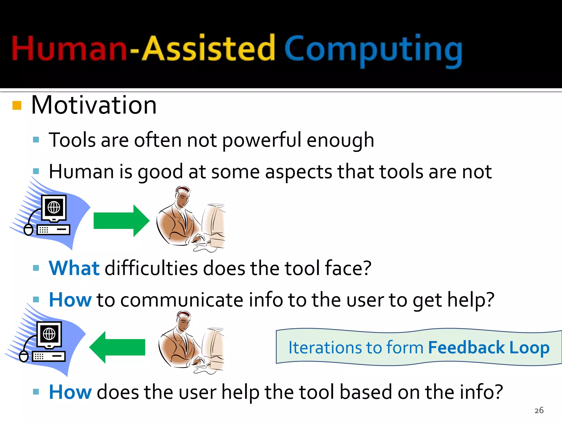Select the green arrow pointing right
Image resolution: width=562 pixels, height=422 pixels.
coord(121,221)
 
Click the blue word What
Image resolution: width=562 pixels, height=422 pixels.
coord(74,268)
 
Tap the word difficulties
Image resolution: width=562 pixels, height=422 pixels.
coord(151,268)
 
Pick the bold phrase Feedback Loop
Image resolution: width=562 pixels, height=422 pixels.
coord(488,348)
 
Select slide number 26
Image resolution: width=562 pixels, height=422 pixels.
coord(539,410)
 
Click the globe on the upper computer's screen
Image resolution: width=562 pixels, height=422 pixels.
coord(54,207)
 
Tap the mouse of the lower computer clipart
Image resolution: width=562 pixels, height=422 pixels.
coord(24,356)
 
